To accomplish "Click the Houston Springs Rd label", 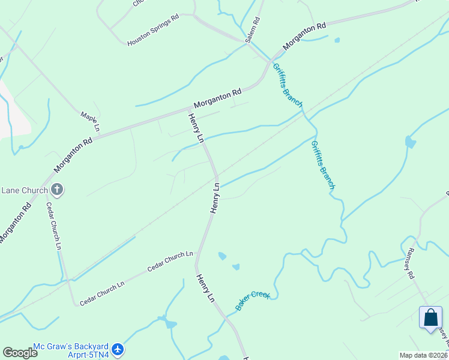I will click(x=153, y=31).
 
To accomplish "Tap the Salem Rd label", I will click(x=253, y=29).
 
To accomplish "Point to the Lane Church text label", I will click(x=24, y=191).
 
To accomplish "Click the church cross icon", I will click(x=58, y=191).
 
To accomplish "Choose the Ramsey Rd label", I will click(x=411, y=263).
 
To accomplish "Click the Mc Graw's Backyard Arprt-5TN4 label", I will click(x=71, y=350).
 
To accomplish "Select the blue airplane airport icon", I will click(x=118, y=349).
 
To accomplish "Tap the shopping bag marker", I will click(x=431, y=317).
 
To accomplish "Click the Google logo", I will click(x=20, y=353).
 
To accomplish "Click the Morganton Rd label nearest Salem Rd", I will click(x=304, y=35).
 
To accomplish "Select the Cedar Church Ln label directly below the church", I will click(x=54, y=226).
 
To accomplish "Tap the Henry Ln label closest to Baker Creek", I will click(x=205, y=289).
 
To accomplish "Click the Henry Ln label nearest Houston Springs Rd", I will click(x=196, y=128).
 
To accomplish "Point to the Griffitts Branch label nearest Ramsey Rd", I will click(x=322, y=165).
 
